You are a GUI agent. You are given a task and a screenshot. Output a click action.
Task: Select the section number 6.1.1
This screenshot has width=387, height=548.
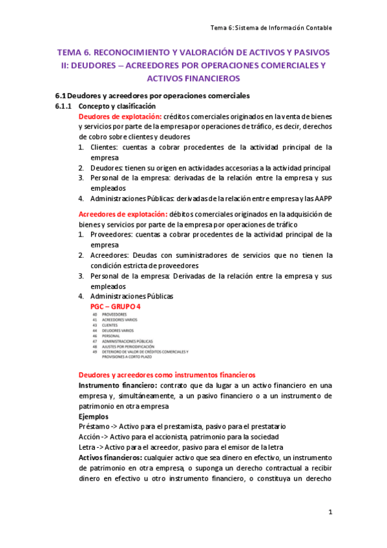pyautogui.click(x=64, y=105)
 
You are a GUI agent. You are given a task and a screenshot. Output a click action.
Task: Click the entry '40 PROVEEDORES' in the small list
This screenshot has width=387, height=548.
pyautogui.click(x=109, y=315)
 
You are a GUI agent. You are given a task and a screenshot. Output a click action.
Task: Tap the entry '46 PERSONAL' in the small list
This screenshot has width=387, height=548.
pyautogui.click(x=105, y=336)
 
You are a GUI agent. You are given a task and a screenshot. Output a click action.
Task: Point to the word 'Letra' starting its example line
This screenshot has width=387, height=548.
pyautogui.click(x=87, y=448)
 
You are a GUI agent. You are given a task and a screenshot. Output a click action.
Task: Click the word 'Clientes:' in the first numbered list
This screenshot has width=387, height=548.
pyautogui.click(x=104, y=147)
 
